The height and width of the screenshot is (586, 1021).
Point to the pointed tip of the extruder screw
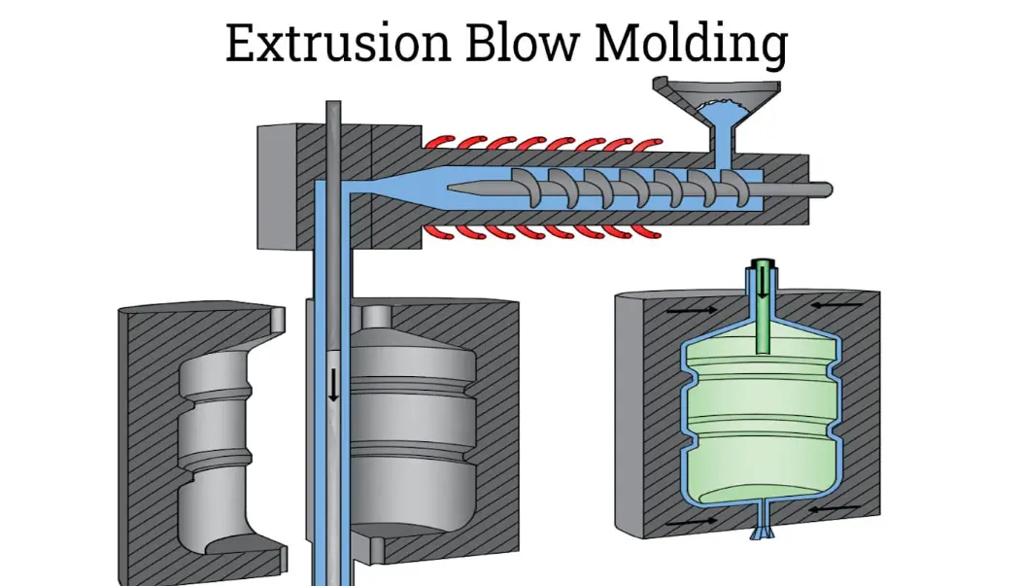click(449, 184)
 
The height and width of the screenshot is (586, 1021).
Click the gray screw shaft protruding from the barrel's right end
click(807, 188)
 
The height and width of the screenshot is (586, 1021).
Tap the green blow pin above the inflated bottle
click(763, 311)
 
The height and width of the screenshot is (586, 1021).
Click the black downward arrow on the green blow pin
click(763, 283)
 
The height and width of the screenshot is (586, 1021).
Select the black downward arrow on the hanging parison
click(333, 386)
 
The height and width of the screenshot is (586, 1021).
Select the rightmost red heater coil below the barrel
click(631, 231)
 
